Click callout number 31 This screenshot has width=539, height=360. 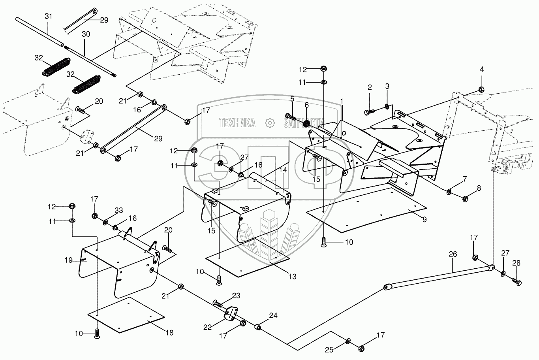(x=48, y=16)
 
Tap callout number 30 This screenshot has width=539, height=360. (x=86, y=34)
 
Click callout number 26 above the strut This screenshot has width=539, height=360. (x=453, y=254)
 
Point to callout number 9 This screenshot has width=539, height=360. (x=425, y=219)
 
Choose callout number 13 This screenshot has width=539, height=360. (x=292, y=277)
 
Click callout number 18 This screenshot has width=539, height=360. (x=169, y=333)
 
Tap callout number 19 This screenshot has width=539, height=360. (x=69, y=260)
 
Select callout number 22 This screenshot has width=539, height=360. (x=207, y=327)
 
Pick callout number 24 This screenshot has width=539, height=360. (x=273, y=315)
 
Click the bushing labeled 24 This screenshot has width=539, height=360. (x=258, y=327)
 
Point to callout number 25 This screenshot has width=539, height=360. (x=329, y=350)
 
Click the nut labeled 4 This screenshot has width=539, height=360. (x=481, y=89)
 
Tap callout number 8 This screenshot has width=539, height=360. (x=479, y=188)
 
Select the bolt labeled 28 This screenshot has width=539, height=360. (x=516, y=281)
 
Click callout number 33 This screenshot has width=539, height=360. (x=118, y=211)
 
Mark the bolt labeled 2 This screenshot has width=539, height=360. (x=369, y=112)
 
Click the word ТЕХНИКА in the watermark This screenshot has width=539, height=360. (x=237, y=123)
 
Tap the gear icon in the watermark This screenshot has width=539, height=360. (x=269, y=123)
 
